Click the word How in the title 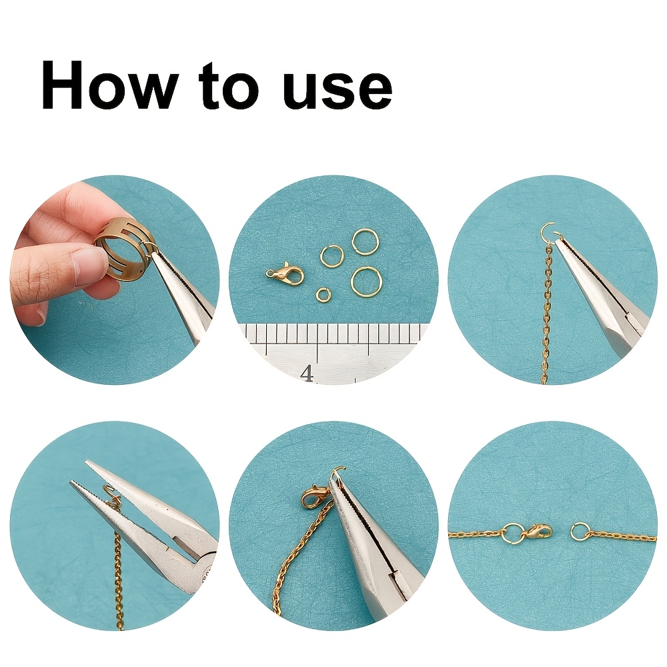point(109,85)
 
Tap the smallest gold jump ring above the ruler point(321,293)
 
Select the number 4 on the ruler point(307,374)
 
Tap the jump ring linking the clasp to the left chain point(512,532)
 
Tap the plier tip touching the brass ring point(154,253)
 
